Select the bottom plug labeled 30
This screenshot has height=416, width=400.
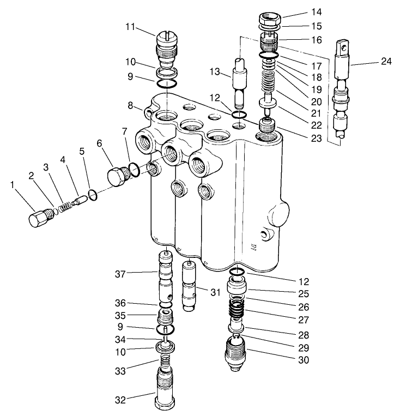tap(235, 353)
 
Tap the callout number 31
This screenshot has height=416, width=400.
tap(215, 292)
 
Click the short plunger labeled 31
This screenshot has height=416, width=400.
tap(189, 286)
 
